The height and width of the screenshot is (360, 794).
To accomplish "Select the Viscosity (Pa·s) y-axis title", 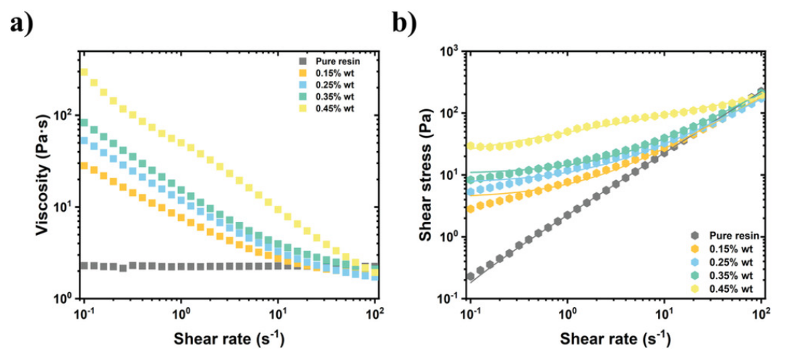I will coord(45,173).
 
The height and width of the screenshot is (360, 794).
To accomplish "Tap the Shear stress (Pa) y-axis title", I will coord(432,174).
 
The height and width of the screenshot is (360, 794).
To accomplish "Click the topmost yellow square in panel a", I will coord(85,72).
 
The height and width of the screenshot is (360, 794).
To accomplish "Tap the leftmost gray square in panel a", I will coord(85,266).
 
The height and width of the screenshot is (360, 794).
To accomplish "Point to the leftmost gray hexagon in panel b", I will coord(471,276).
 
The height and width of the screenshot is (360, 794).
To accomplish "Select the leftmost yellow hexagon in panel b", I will coord(471,145).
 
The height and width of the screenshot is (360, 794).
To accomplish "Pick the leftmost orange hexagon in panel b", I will coord(471,209).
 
